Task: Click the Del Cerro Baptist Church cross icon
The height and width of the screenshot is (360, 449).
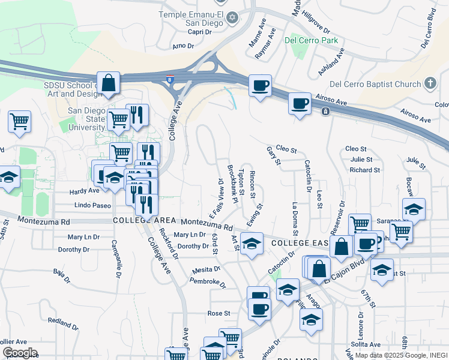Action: pyautogui.click(x=430, y=84)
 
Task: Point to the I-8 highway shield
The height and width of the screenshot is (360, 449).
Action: pyautogui.click(x=171, y=78)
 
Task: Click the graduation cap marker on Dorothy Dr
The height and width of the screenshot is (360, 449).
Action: pyautogui.click(x=252, y=244)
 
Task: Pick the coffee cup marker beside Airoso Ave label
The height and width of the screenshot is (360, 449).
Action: pyautogui.click(x=300, y=103)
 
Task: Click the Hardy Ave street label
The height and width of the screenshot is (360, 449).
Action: pyautogui.click(x=85, y=191)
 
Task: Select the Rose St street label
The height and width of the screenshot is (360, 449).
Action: pyautogui.click(x=218, y=313)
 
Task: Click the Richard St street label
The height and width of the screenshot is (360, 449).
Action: pyautogui.click(x=364, y=170)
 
